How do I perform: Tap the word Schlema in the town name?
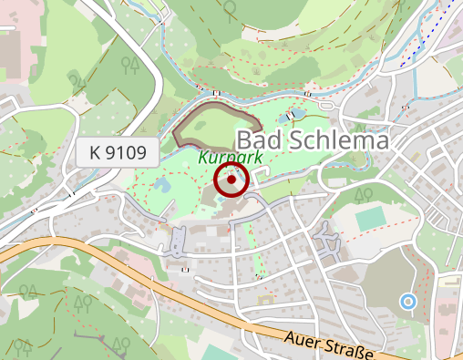click(x=335, y=141)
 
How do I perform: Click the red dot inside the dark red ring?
click(x=231, y=180)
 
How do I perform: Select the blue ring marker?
click(x=407, y=301)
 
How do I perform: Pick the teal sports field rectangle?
click(x=370, y=219)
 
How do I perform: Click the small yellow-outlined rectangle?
click(x=450, y=283)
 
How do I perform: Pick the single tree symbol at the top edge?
click(x=230, y=8)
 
